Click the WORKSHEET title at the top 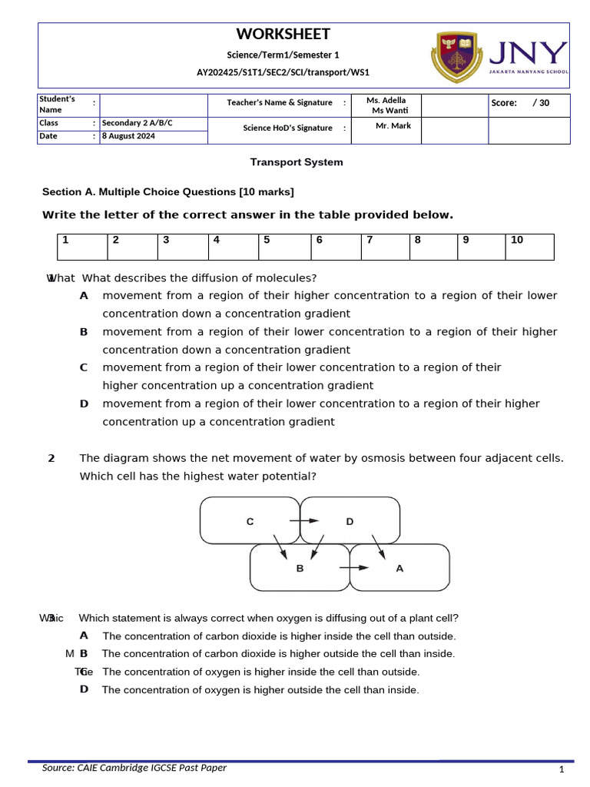[283, 35]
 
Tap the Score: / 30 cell [529, 103]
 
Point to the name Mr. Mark [393, 126]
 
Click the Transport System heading [297, 162]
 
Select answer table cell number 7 [386, 247]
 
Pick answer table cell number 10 [529, 247]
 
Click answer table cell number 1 [82, 247]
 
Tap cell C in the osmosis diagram [250, 521]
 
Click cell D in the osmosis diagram [350, 521]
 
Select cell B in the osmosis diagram [300, 569]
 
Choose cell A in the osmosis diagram [399, 569]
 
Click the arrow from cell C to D [303, 521]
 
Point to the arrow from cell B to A [353, 568]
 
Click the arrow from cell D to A [379, 546]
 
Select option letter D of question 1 [84, 403]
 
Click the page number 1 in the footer [562, 770]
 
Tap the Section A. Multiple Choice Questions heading [167, 191]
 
